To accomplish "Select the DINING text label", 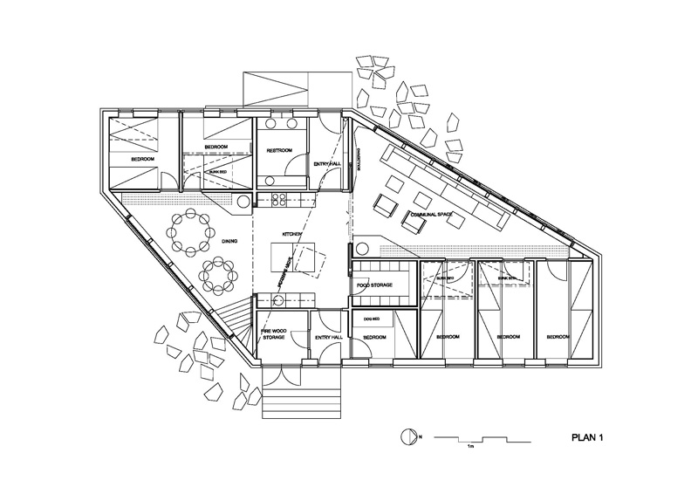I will [x=229, y=242].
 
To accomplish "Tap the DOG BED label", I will [x=373, y=320].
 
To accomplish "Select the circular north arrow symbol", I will [x=405, y=436].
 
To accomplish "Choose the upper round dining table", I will [x=190, y=231].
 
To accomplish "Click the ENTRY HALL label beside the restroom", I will [x=328, y=161].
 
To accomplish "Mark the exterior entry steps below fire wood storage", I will [x=297, y=405].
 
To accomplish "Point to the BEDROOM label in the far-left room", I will [x=144, y=159].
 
